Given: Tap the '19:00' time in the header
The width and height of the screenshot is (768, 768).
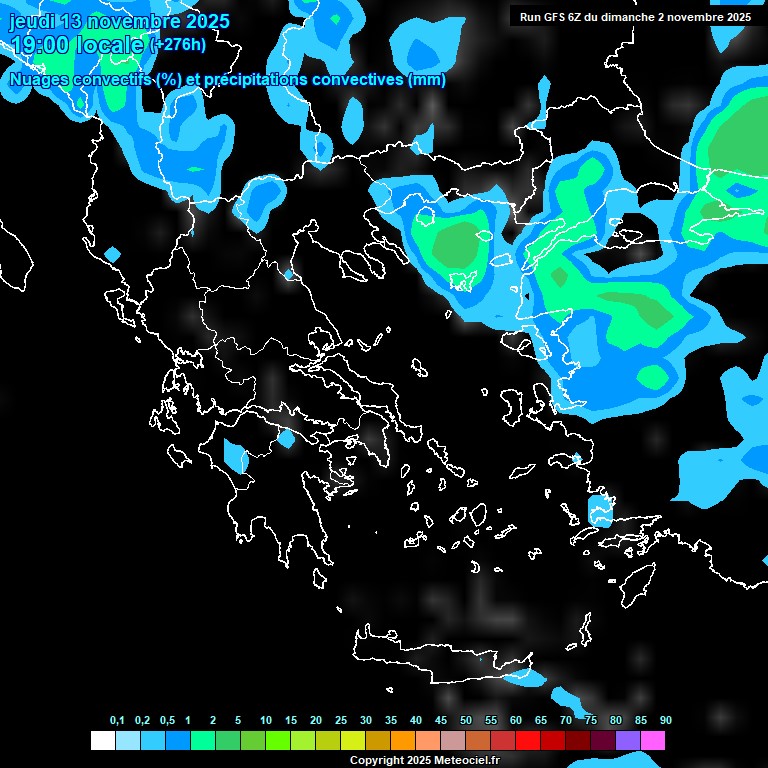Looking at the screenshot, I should tap(39, 45).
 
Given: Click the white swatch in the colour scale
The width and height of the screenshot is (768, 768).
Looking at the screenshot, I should tap(102, 741).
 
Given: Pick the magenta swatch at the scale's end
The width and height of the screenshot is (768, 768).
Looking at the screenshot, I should tap(653, 741).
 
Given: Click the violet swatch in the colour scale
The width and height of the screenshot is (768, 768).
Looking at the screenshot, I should tap(628, 741).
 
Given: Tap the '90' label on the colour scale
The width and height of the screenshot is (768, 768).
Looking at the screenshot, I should tap(666, 720).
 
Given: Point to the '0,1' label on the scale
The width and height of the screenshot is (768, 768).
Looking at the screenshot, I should tap(117, 720).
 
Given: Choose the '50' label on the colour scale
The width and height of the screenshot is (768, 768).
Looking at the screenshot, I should tap(466, 720).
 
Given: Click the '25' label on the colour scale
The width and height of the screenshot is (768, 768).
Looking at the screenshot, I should tap(341, 720).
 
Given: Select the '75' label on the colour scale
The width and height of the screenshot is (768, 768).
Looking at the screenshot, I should tap(591, 720).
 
